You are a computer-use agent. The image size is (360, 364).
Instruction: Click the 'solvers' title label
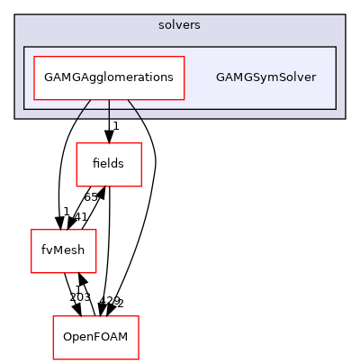179,25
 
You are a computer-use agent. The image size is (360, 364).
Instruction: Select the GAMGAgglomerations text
108,77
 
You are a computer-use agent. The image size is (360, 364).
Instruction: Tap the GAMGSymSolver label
265,77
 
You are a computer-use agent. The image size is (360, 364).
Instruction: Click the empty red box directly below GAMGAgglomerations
108,165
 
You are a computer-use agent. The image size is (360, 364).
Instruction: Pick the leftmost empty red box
63,251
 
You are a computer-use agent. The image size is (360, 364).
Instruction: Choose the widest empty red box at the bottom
95,338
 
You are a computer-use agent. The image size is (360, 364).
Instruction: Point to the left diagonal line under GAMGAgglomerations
84,109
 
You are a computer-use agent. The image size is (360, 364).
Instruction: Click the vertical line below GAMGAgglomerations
109,109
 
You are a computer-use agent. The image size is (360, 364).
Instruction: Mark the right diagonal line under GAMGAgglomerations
133,109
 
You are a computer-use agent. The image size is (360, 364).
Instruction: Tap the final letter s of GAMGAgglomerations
170,77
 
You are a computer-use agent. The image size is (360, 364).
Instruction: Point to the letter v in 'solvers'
180,25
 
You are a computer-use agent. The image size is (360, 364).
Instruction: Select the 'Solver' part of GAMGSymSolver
298,77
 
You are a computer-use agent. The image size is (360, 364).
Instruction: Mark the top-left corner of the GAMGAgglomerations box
33,56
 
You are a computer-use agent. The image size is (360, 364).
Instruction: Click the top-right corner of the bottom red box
139,316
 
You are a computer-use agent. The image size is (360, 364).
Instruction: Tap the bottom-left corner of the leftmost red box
31,273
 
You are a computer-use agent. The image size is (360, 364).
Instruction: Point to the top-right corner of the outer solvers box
345,14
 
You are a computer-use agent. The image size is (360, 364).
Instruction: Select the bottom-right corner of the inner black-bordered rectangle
336,109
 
